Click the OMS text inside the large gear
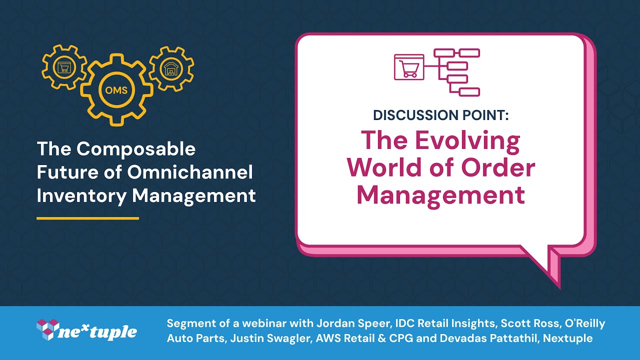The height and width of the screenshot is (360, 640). click(x=117, y=91)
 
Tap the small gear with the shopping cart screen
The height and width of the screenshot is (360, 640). click(x=63, y=68)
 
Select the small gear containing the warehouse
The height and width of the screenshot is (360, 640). click(x=171, y=69)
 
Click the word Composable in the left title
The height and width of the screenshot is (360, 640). click(x=136, y=149)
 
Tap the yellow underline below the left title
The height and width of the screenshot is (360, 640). click(x=87, y=218)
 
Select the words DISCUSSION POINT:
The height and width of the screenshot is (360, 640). click(x=440, y=115)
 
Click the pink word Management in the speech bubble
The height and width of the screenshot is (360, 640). click(x=440, y=194)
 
